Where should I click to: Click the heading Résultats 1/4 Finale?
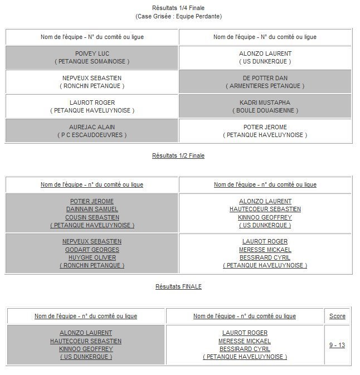point(178,8)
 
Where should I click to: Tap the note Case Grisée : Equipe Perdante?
point(178,16)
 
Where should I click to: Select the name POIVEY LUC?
point(92,53)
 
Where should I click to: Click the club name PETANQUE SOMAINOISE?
point(92,61)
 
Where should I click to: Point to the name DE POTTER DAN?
point(265,78)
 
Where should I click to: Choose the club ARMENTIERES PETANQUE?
point(265,86)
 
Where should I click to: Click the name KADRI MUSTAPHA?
point(265,103)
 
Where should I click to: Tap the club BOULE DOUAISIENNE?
point(265,110)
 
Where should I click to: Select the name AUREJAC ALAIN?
point(92,127)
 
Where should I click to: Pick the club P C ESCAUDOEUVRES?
point(92,135)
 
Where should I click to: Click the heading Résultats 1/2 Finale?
point(178,155)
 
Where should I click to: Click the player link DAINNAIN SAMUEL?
point(92,209)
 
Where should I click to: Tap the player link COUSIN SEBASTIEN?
point(92,217)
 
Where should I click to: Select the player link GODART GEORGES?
point(92,250)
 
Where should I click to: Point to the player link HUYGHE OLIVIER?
point(92,257)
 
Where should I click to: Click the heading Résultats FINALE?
point(178,286)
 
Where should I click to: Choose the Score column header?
point(337,316)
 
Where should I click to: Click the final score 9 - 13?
point(337,345)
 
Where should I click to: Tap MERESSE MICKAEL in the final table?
point(245,341)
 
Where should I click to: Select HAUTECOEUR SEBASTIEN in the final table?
point(86,341)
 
